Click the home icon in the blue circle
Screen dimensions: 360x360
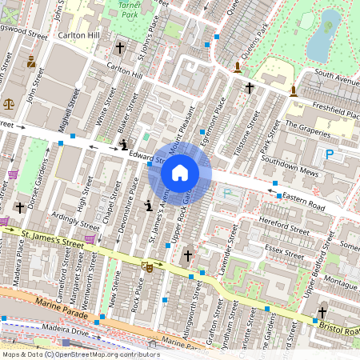coord(180,173)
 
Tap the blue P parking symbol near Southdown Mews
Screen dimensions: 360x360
coord(328,154)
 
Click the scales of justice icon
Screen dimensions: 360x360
coord(9,103)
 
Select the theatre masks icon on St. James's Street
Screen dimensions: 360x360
coord(146,265)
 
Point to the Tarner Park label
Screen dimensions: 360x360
coord(124,10)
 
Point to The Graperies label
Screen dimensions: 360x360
coord(307,126)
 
